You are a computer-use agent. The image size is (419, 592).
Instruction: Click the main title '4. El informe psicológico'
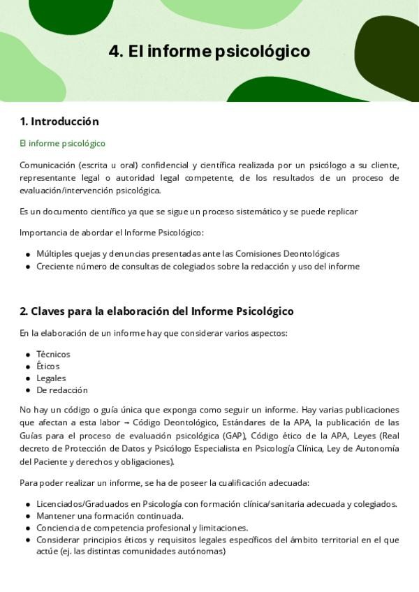pyautogui.click(x=209, y=52)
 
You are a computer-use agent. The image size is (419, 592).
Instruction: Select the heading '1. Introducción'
pyautogui.click(x=59, y=121)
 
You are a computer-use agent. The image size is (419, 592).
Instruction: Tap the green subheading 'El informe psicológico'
pyautogui.click(x=62, y=143)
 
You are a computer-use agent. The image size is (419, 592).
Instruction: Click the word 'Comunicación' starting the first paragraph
pyautogui.click(x=47, y=165)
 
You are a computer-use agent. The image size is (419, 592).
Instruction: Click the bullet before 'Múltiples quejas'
pyautogui.click(x=27, y=255)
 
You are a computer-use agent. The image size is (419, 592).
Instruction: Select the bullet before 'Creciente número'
pyautogui.click(x=27, y=267)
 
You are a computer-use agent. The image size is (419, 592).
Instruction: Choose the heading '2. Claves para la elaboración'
pyautogui.click(x=156, y=311)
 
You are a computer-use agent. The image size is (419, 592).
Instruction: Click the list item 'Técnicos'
pyautogui.click(x=53, y=354)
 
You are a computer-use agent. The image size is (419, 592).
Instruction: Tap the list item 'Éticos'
pyautogui.click(x=47, y=366)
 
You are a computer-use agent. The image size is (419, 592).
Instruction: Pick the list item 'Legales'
pyautogui.click(x=51, y=378)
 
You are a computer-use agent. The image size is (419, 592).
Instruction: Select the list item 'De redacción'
pyautogui.click(x=62, y=390)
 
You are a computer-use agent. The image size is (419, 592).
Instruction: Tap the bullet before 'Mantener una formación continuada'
pyautogui.click(x=27, y=517)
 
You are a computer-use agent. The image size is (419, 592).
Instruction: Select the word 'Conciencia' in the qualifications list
pyautogui.click(x=58, y=528)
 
